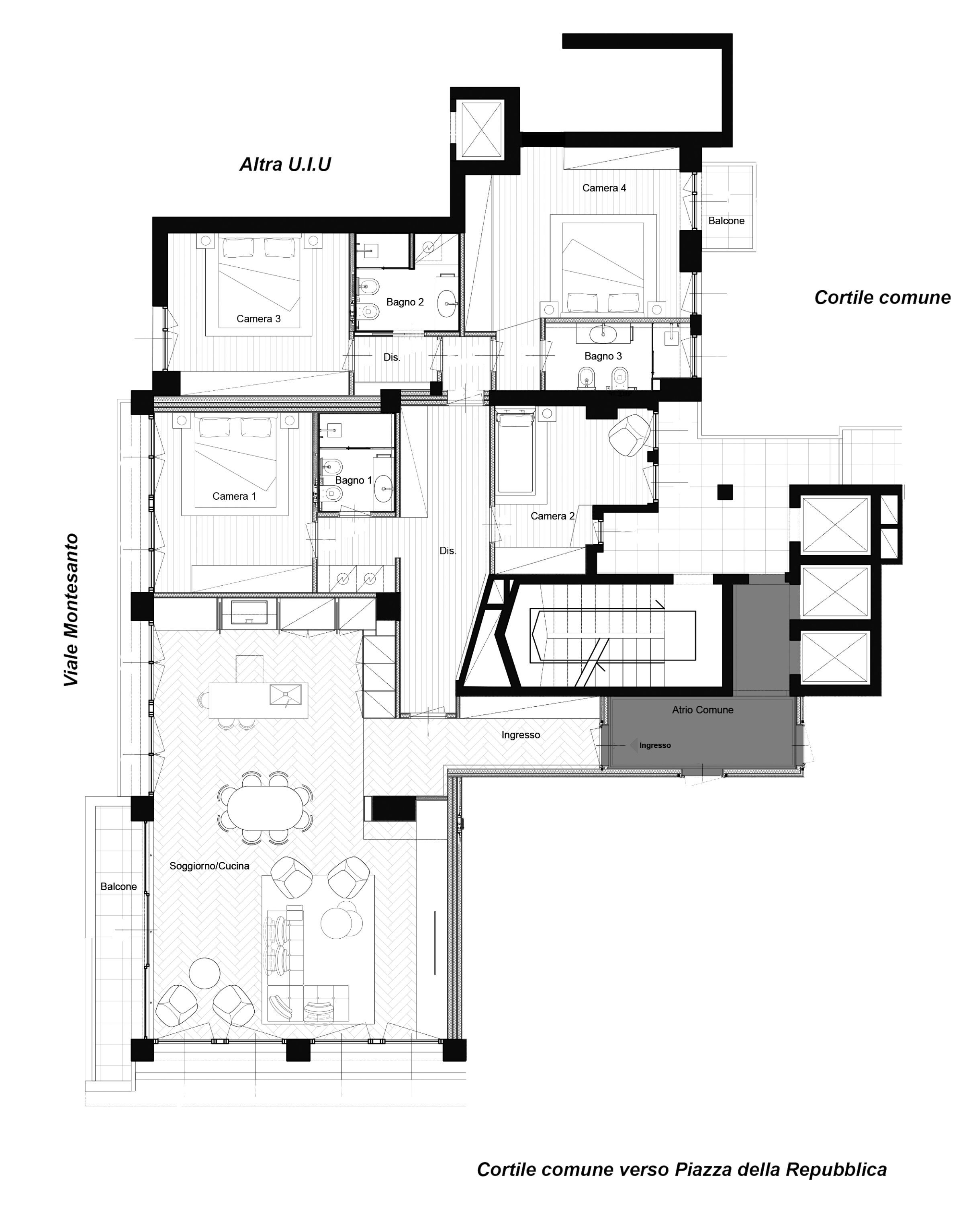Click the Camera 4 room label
coord(604,188)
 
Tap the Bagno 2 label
coord(405,302)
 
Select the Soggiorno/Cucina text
coord(209,866)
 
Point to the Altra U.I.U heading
coord(285,164)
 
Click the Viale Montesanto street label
coord(71,610)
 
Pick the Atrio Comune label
coord(702,710)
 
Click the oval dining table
coord(265,808)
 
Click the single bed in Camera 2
coord(515,452)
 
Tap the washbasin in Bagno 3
coord(603,333)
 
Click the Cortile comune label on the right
coord(882,297)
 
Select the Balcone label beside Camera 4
coord(726,221)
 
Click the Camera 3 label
coord(258,319)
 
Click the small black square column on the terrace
coord(725,492)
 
